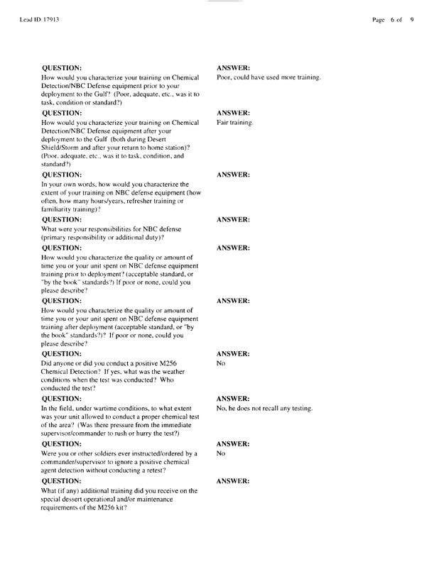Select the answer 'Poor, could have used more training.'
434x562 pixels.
[268, 77]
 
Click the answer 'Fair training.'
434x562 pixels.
[235, 123]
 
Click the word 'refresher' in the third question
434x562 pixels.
[135, 202]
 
